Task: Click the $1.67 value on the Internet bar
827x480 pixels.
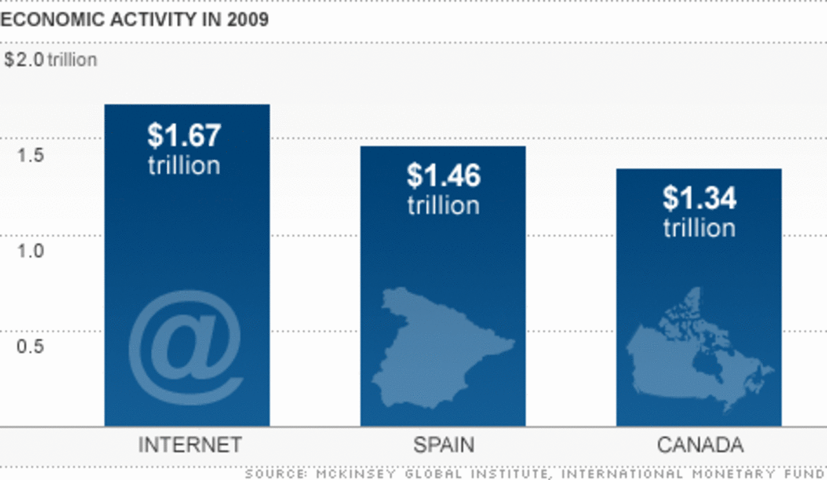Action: [184, 136]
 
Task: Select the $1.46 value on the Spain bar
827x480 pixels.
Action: [443, 176]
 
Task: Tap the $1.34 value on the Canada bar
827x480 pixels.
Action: [699, 198]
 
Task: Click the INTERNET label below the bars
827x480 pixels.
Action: [190, 445]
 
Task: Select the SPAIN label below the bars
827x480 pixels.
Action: [443, 445]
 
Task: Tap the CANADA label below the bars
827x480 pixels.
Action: [700, 445]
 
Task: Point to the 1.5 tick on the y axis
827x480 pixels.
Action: [30, 155]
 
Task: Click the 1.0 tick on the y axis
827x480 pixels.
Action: [30, 251]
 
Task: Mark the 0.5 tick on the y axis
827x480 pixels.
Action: [30, 346]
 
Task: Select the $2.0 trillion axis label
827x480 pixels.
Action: [50, 60]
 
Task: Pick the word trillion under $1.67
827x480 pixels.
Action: [184, 165]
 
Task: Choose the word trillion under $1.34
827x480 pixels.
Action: [699, 227]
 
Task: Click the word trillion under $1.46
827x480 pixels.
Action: [443, 205]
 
